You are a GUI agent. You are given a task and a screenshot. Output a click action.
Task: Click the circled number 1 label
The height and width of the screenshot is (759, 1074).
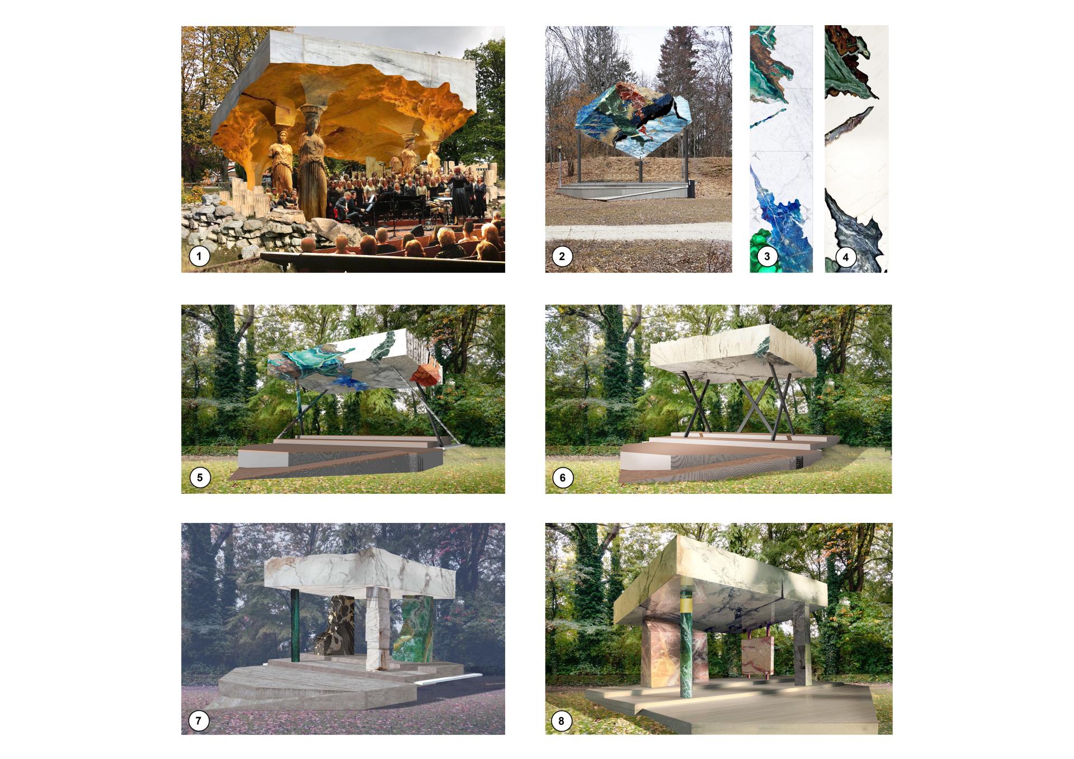[199, 257]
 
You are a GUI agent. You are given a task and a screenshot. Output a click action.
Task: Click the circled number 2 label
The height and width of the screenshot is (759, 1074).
[562, 257]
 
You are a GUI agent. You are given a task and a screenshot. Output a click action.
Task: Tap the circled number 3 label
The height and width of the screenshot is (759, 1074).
[767, 257]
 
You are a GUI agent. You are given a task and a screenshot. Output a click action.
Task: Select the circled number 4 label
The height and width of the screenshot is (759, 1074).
[845, 257]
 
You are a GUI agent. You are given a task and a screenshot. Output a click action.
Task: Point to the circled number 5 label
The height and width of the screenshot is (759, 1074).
[200, 478]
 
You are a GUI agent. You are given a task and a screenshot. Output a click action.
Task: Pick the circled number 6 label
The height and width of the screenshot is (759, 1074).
[563, 478]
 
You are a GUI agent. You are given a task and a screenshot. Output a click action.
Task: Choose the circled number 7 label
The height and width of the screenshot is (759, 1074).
[199, 720]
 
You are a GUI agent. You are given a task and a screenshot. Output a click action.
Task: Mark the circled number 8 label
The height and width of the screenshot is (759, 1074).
[562, 720]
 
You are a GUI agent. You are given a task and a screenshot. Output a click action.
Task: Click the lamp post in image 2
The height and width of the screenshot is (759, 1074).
[560, 162]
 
